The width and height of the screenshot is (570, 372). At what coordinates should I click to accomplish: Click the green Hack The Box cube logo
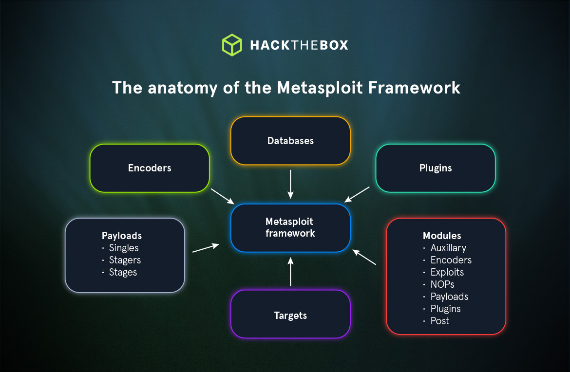point(232,45)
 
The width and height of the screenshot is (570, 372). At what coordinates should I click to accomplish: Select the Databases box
point(290,141)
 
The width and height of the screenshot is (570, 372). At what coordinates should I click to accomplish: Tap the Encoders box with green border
point(150,168)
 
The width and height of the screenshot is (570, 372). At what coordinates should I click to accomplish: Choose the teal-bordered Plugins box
point(436,168)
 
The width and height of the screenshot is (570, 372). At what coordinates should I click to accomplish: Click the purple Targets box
point(290,315)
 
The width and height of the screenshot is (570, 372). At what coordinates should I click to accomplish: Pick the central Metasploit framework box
point(290,228)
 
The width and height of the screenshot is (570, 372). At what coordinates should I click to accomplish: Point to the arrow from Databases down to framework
point(290,184)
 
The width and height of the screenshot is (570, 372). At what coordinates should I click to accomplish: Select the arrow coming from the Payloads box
point(206,248)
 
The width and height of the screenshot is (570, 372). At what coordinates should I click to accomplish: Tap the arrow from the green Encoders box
point(223,196)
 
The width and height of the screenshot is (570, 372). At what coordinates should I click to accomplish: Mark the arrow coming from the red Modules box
point(364,257)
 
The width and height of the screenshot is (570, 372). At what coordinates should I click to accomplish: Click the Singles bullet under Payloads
point(124,248)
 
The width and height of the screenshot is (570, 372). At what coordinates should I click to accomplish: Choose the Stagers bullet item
point(125,260)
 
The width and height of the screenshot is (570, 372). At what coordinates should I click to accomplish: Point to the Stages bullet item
point(123,272)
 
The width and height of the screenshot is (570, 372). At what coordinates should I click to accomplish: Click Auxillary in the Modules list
point(448,248)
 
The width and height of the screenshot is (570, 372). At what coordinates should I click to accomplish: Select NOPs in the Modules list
point(442,284)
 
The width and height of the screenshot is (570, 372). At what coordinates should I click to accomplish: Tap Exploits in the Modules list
point(447,272)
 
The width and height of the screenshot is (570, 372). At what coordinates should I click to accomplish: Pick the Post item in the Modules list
point(440,321)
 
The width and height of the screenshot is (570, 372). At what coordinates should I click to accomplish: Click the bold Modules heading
point(442,236)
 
